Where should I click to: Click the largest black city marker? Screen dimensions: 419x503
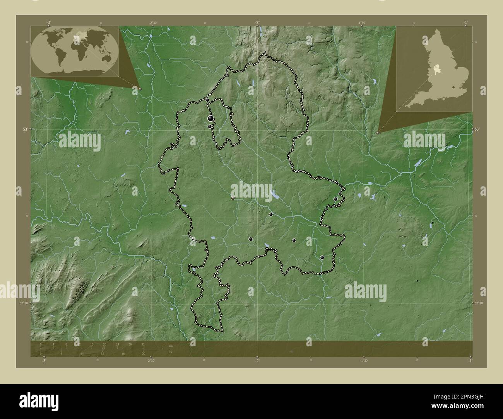(x=211, y=118)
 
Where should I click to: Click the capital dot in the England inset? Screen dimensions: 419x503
(x=452, y=88)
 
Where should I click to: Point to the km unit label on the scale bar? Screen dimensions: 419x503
(x=170, y=346)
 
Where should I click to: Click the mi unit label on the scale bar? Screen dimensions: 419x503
(x=170, y=352)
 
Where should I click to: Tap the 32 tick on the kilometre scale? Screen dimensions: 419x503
(x=143, y=344)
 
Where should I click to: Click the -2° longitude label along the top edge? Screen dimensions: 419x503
(x=257, y=22)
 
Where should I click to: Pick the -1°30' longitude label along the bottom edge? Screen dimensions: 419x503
(x=364, y=361)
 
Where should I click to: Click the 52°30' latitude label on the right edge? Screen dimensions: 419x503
(x=479, y=303)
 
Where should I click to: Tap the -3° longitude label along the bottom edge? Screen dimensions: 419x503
(x=44, y=361)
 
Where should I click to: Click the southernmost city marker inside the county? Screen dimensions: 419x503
(x=322, y=257)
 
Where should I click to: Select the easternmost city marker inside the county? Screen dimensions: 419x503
(x=335, y=199)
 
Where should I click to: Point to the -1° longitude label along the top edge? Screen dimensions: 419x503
(x=466, y=22)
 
